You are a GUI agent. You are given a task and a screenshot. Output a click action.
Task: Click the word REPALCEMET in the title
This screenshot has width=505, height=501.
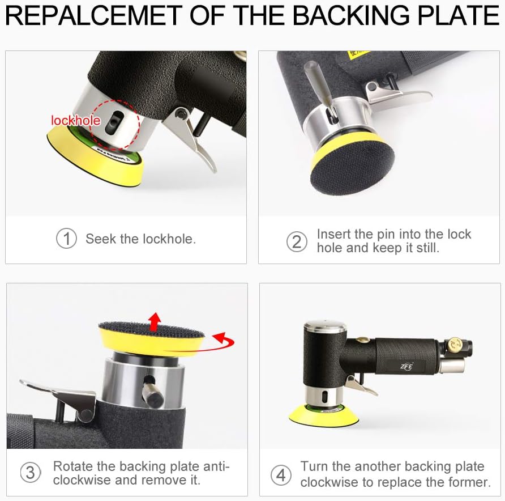[x=94, y=15]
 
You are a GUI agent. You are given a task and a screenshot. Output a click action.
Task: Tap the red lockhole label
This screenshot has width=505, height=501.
[x=76, y=121]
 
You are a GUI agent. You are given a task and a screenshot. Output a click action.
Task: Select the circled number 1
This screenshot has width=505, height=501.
[x=66, y=239]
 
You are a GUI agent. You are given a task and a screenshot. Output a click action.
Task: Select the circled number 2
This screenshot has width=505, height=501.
[x=297, y=242]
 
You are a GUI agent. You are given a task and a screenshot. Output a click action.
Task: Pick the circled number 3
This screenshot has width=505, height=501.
[x=30, y=473]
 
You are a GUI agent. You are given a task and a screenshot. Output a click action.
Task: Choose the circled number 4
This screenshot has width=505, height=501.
[x=281, y=475]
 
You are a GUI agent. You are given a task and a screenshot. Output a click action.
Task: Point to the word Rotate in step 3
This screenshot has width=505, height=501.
[x=73, y=466]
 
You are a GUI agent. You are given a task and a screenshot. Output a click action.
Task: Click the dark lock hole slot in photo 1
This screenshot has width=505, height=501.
[x=113, y=122]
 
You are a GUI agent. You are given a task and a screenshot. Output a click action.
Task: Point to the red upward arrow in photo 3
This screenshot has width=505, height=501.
[x=155, y=322]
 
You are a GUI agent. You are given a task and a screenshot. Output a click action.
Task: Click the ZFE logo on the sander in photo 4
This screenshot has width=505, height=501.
[x=406, y=366]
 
